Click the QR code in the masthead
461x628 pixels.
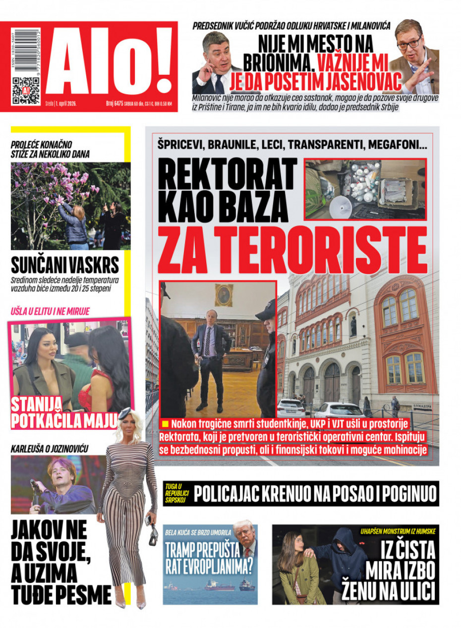(26, 90)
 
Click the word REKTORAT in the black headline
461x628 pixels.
(228, 174)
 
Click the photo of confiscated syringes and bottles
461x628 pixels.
(365, 189)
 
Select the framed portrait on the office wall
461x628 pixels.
(224, 295)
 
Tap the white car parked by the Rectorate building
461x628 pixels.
(340, 410)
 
